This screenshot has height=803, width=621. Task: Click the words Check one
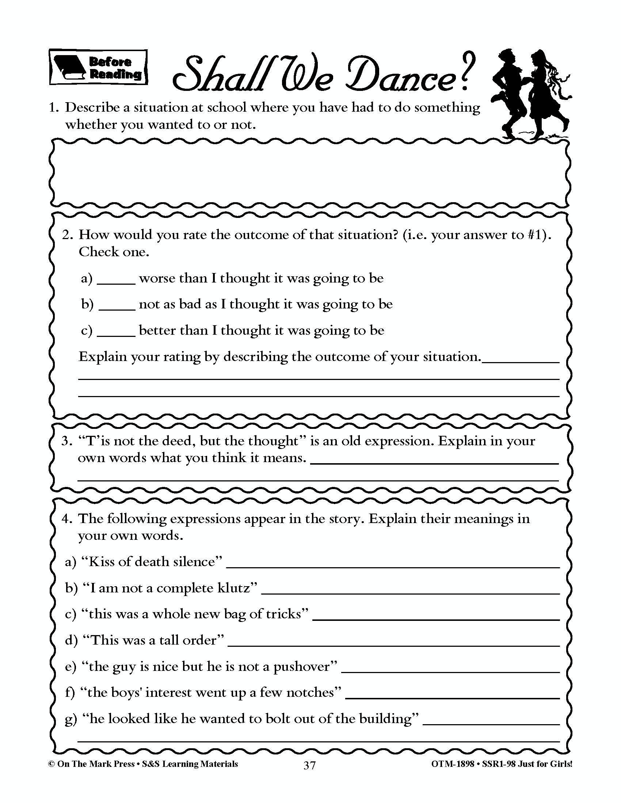click(x=114, y=252)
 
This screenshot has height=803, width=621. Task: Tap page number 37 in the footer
click(x=309, y=765)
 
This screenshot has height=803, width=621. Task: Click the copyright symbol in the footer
click(x=52, y=764)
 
